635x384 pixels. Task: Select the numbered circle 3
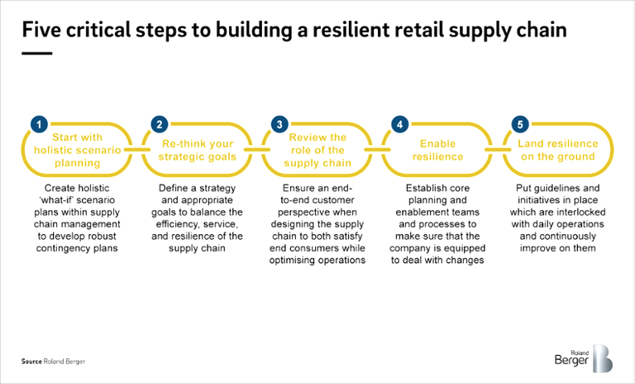click(x=280, y=124)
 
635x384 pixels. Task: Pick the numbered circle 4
click(x=400, y=124)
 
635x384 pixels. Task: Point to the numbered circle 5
click(x=519, y=124)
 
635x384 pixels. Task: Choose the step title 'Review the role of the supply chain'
click(x=317, y=150)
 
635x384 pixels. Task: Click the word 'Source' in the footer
click(x=31, y=362)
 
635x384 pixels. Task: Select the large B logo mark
click(x=604, y=358)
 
